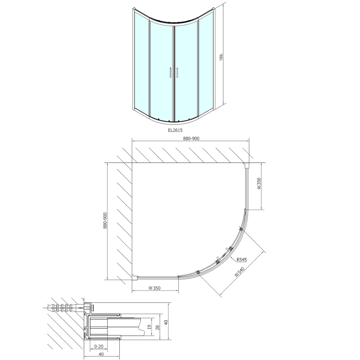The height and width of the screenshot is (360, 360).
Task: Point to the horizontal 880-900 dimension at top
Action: tap(190, 138)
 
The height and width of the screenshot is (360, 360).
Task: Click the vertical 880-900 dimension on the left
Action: tap(105, 221)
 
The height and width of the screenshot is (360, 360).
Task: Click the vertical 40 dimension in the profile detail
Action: tap(166, 323)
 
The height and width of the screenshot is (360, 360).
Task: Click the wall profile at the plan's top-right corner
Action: tap(246, 165)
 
